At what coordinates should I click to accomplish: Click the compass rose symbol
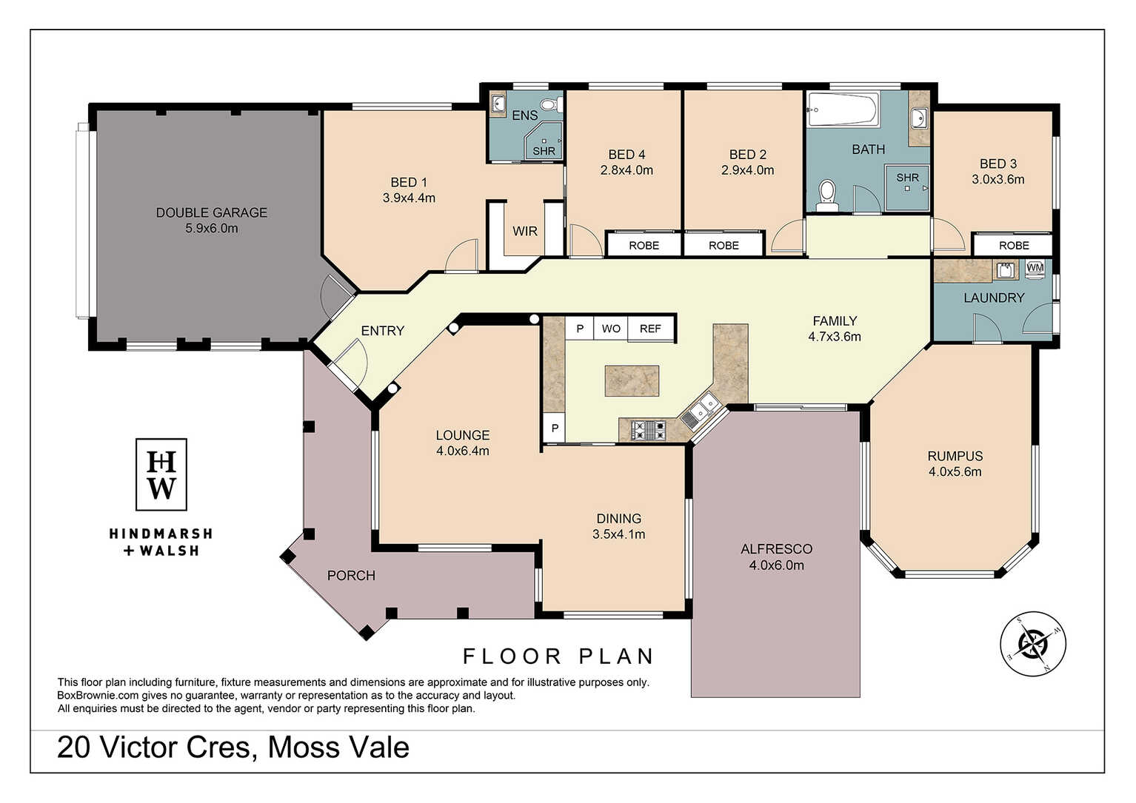pyautogui.click(x=1032, y=644)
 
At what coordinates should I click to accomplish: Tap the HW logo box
pyautogui.click(x=161, y=474)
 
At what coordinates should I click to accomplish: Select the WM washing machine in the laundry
pyautogui.click(x=1035, y=269)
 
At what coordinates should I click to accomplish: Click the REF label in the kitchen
pyautogui.click(x=650, y=329)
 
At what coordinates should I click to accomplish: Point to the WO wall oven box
pyautogui.click(x=611, y=329)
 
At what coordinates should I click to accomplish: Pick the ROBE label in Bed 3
pyautogui.click(x=1014, y=246)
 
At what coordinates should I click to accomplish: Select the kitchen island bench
pyautogui.click(x=632, y=380)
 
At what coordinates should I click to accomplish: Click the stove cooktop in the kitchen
pyautogui.click(x=648, y=431)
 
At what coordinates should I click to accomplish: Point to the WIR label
pyautogui.click(x=524, y=231)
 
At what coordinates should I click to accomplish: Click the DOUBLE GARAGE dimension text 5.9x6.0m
pyautogui.click(x=212, y=228)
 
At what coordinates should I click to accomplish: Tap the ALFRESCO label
pyautogui.click(x=776, y=549)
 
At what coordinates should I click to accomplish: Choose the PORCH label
pyautogui.click(x=351, y=575)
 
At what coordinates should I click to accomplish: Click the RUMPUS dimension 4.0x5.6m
pyautogui.click(x=955, y=471)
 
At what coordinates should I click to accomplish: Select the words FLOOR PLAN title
pyautogui.click(x=558, y=656)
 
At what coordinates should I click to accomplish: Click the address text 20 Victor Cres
pyautogui.click(x=154, y=747)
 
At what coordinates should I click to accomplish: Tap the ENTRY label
pyautogui.click(x=382, y=331)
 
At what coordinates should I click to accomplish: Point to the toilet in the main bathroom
pyautogui.click(x=827, y=195)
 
